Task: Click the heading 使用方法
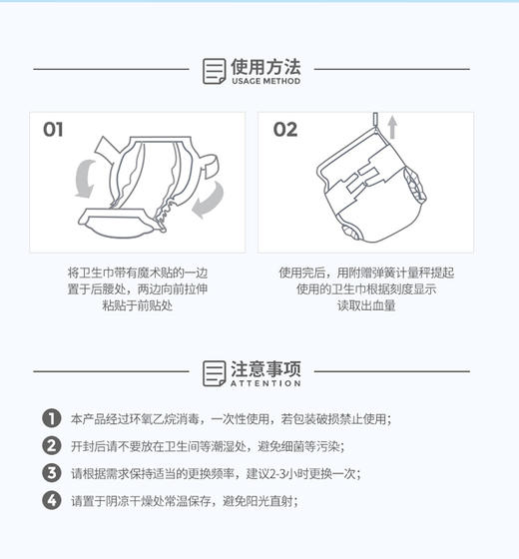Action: (265, 66)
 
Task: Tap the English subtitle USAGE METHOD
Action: (265, 82)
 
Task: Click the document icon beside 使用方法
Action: (214, 71)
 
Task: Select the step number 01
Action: (53, 130)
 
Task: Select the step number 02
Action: (285, 130)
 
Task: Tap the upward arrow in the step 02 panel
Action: (392, 127)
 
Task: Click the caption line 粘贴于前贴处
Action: (139, 306)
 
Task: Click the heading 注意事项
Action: (265, 368)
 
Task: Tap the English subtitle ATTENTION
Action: (265, 384)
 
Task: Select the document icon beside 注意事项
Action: (214, 373)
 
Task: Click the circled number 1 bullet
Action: (51, 419)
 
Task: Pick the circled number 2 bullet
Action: (51, 446)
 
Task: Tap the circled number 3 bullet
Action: (51, 473)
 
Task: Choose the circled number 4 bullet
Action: (51, 500)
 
